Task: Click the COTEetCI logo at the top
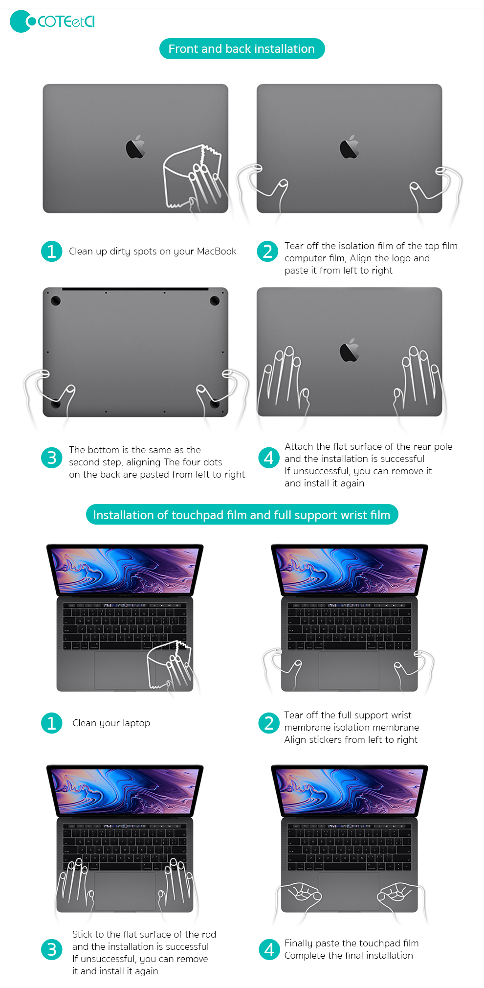[x=52, y=22]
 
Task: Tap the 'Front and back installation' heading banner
[x=242, y=49]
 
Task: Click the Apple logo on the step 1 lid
[x=135, y=147]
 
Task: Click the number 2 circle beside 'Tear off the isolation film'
[x=267, y=252]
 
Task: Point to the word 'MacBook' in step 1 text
[x=216, y=252]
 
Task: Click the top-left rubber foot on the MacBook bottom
[x=56, y=300]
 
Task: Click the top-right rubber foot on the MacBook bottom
[x=215, y=300]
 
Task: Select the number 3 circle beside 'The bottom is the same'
[x=52, y=458]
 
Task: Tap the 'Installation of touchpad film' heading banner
[x=242, y=515]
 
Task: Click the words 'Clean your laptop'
[x=111, y=723]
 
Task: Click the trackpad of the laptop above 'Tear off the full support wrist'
[x=349, y=670]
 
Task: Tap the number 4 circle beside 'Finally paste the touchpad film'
[x=269, y=950]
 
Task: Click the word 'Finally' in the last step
[x=299, y=943]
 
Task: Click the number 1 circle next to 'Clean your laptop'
[x=52, y=723]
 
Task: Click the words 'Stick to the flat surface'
[x=122, y=935]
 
